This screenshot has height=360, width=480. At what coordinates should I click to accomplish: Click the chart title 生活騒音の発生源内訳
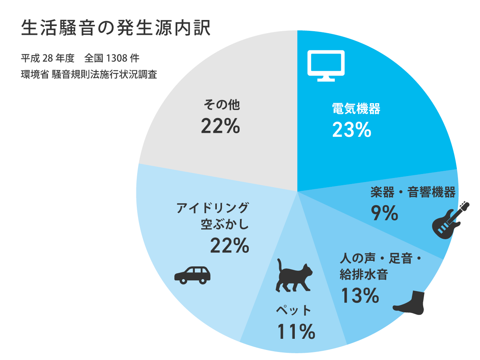(x=116, y=29)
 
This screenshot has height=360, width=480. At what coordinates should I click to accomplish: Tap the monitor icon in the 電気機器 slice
(x=325, y=65)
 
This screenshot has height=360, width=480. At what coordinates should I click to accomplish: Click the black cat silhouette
(x=294, y=276)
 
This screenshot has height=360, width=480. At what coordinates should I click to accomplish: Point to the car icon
(x=192, y=275)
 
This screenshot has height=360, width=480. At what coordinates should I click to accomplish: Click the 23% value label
(x=352, y=130)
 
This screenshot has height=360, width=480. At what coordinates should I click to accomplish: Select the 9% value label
(x=385, y=213)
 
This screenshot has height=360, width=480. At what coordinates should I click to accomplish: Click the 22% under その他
(x=220, y=126)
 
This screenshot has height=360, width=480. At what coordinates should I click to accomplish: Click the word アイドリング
(x=213, y=208)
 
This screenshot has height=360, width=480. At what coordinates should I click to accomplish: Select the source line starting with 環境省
(x=89, y=75)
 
